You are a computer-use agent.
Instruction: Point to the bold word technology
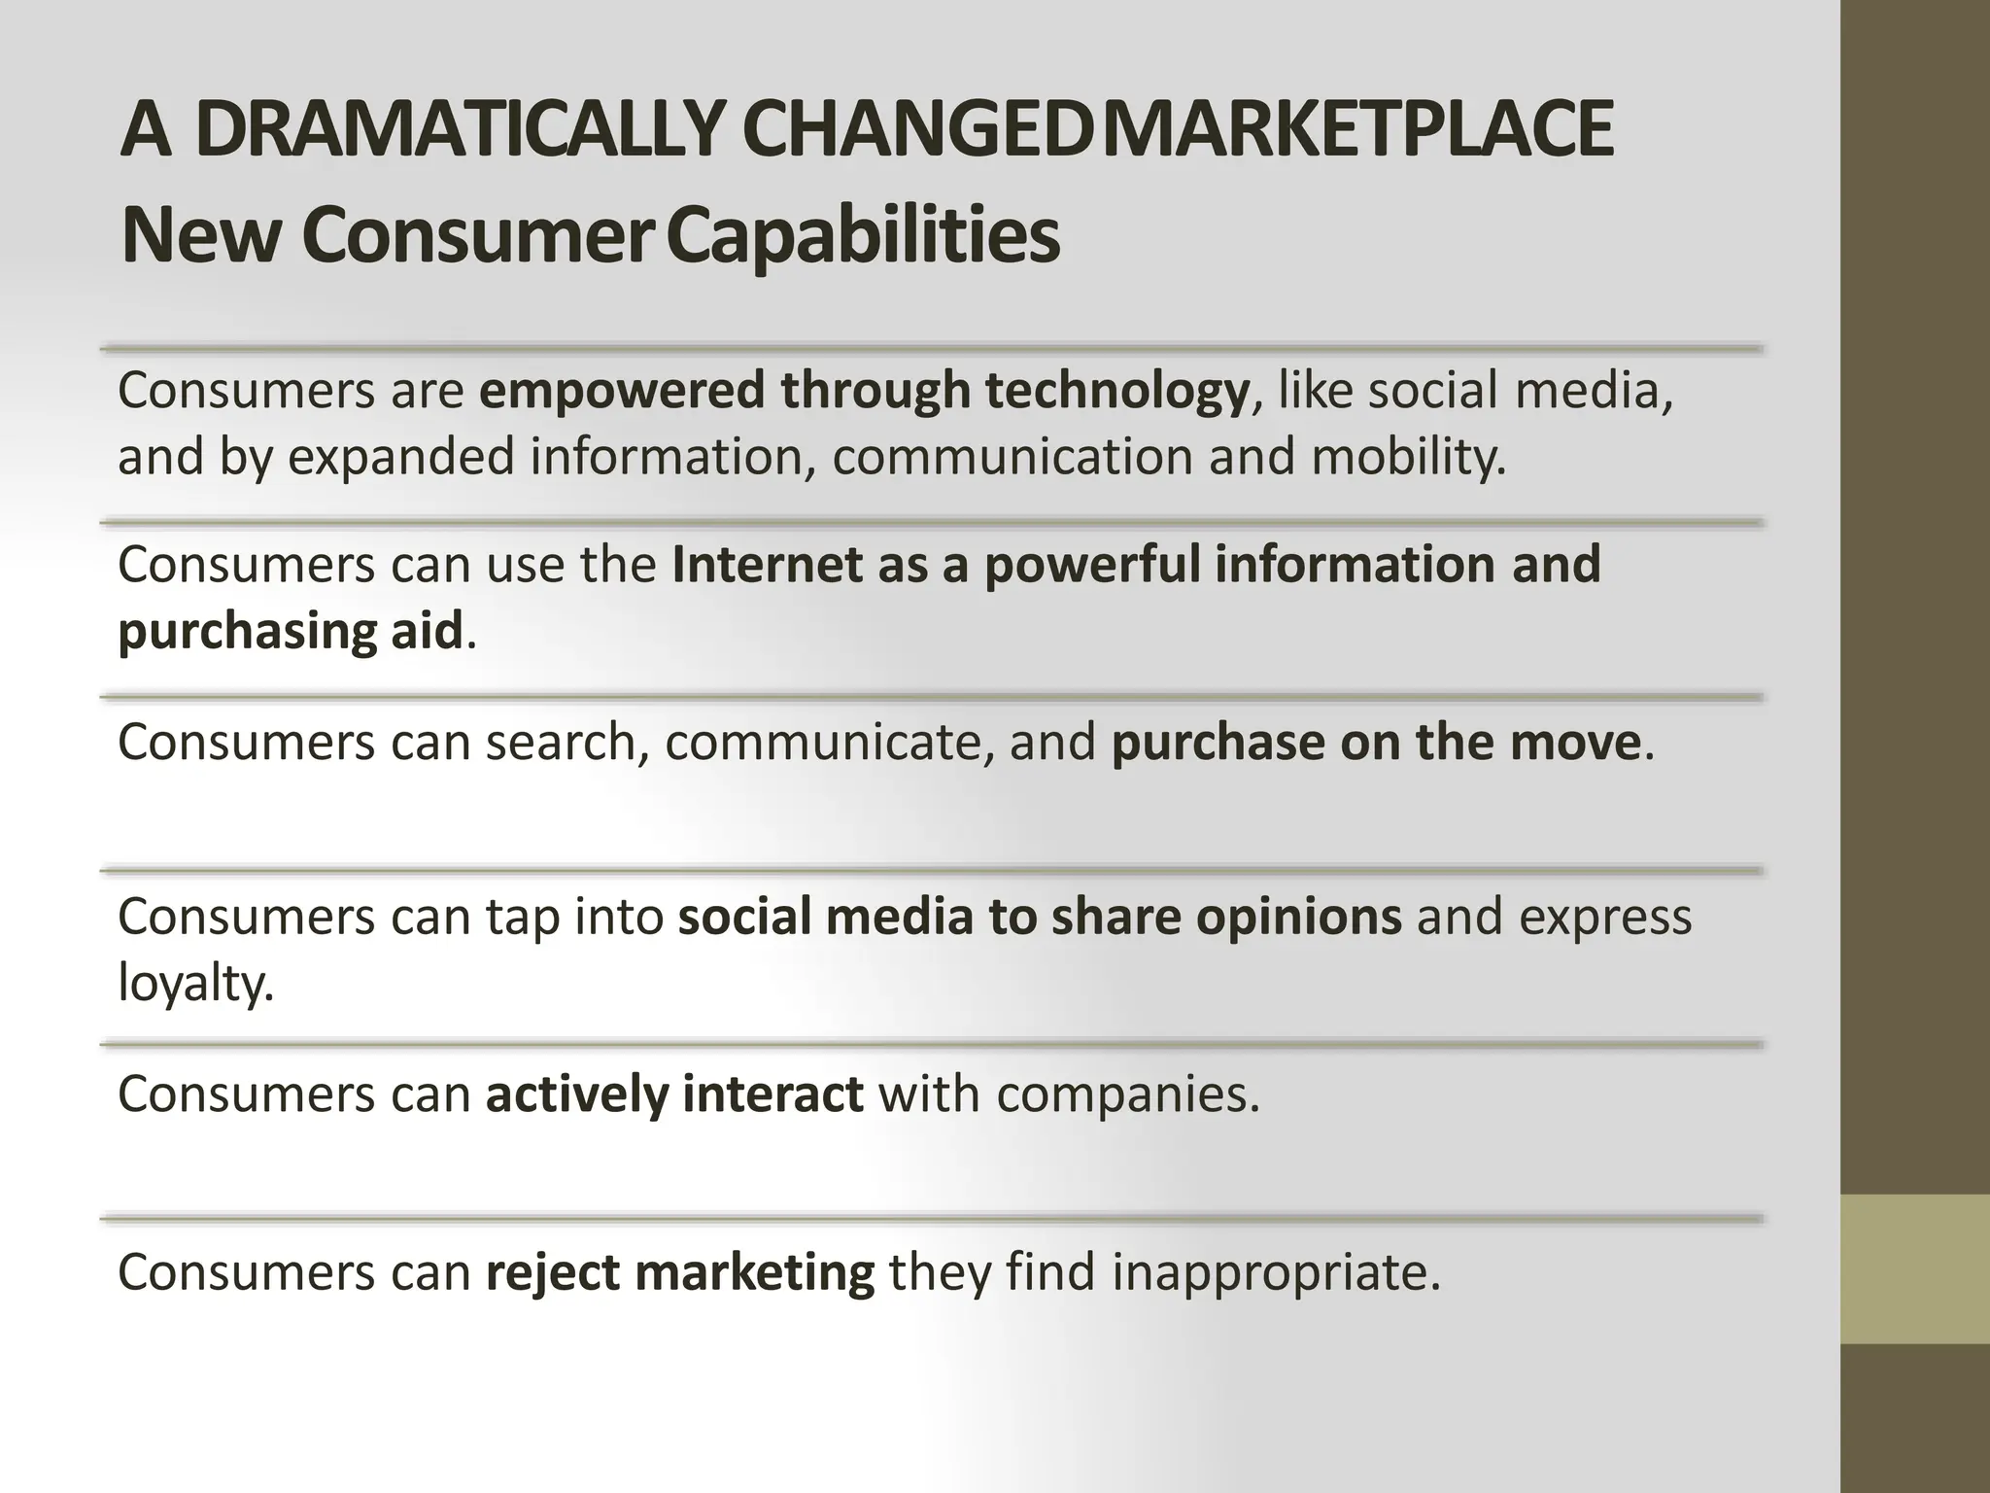tap(1115, 391)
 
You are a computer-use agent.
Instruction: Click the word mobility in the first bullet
tap(1407, 457)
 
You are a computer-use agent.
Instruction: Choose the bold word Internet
tap(766, 565)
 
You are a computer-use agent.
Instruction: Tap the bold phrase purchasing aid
tap(290, 632)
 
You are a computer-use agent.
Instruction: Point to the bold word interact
tap(772, 1094)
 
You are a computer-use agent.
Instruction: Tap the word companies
tap(1126, 1094)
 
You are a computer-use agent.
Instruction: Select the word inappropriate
tap(1275, 1272)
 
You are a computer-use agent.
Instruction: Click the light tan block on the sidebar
tap(1914, 1268)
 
